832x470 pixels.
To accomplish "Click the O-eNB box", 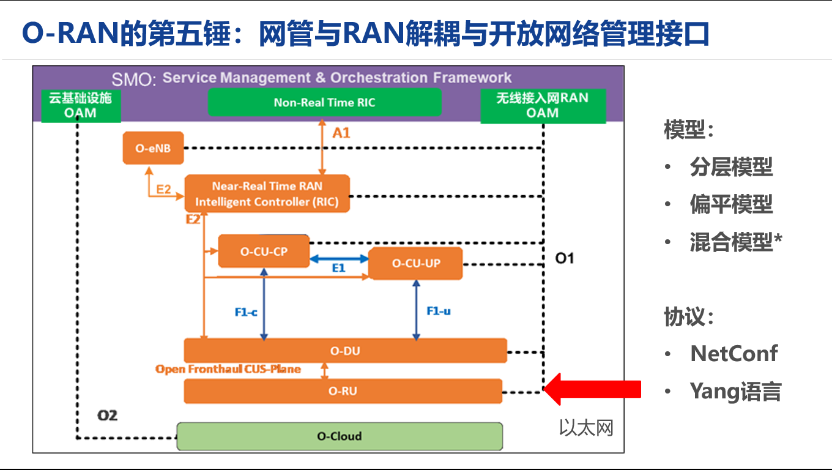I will tap(153, 148).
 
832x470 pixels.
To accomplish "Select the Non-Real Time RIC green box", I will tap(324, 102).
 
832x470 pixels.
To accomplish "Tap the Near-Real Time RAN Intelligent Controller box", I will tap(267, 194).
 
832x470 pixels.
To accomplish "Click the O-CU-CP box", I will tap(264, 251).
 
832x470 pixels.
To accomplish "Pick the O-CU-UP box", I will tap(415, 264).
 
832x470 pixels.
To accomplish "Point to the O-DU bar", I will tap(345, 351).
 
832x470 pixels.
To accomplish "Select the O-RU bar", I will tap(343, 391).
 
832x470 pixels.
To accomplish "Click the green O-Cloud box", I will tap(339, 436).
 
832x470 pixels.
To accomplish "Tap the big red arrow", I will tap(592, 389).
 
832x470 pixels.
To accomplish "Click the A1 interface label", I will tap(341, 132).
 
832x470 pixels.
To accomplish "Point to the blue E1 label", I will tap(338, 268).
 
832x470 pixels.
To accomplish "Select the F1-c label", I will tap(246, 312).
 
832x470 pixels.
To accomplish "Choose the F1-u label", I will tap(438, 311).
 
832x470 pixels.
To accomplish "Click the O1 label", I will tap(564, 258).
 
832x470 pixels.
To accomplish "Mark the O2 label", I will tap(107, 416).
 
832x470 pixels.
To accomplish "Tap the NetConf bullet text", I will tap(734, 354).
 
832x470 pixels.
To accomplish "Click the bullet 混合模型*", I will tap(736, 242).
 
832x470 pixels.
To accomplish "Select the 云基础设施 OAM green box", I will tap(80, 105).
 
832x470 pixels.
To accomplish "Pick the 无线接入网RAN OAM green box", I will tap(543, 105).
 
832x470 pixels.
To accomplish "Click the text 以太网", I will tap(585, 428).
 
